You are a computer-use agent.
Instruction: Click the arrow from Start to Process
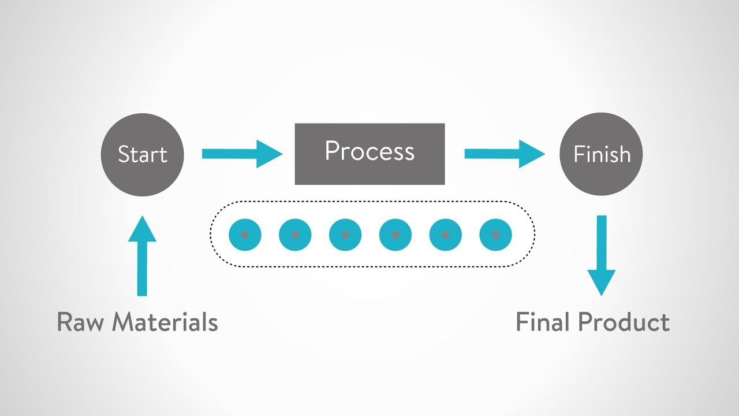pos(242,154)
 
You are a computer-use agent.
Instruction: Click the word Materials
pos(165,322)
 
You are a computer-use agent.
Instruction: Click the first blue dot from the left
pos(245,235)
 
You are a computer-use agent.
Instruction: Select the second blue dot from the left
pos(295,235)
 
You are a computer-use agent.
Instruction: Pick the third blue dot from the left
pos(345,235)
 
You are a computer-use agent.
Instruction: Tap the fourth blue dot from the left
pos(395,235)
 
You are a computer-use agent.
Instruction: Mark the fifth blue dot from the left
pos(446,235)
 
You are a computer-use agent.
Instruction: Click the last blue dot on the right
pos(495,235)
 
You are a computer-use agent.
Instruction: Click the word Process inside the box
pos(369,151)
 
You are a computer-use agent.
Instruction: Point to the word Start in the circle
pos(142,155)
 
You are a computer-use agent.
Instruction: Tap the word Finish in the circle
pos(602,155)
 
